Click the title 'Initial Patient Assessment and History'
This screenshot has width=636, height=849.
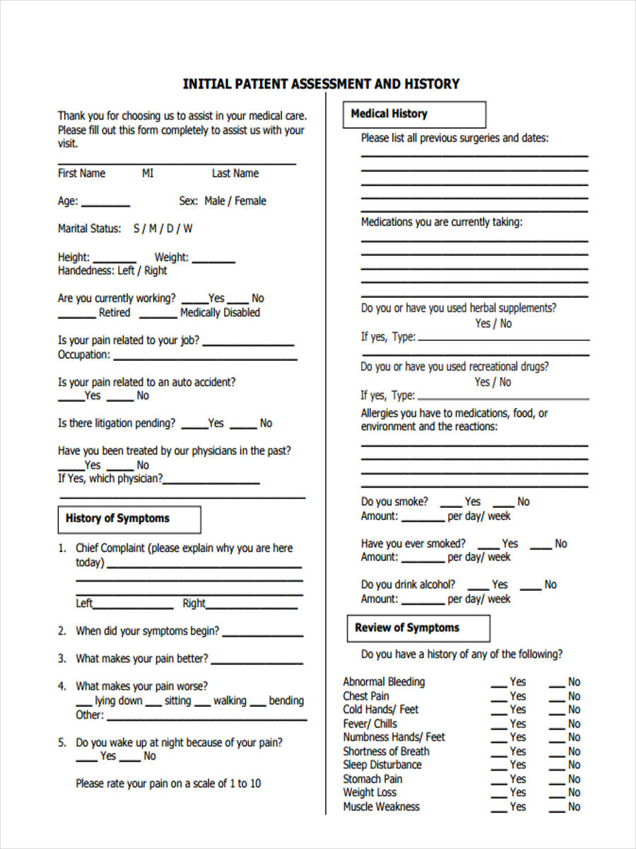click(321, 84)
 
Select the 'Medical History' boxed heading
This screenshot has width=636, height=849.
click(389, 114)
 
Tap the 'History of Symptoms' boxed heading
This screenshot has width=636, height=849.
click(117, 519)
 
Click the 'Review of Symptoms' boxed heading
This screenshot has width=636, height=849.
click(407, 628)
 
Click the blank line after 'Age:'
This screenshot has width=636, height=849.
click(105, 204)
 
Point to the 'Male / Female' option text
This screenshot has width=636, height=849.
click(235, 201)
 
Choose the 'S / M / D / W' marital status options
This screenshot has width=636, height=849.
click(163, 229)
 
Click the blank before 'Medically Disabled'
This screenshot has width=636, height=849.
click(158, 316)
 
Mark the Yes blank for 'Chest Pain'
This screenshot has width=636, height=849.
click(499, 700)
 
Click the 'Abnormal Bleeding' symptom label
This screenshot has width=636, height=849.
click(384, 682)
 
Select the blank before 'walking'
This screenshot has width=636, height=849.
click(202, 705)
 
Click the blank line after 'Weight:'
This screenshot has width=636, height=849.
click(213, 261)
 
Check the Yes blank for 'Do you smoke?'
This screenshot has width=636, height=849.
click(451, 505)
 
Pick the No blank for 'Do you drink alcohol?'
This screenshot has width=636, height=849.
click(531, 589)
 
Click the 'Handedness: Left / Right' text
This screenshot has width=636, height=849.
click(112, 271)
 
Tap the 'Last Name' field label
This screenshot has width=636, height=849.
click(235, 173)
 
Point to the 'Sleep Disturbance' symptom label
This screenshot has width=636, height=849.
click(382, 765)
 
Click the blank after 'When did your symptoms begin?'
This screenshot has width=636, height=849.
click(261, 635)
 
